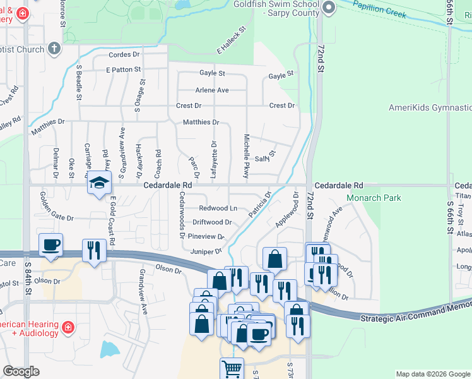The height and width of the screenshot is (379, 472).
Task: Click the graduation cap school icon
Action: pos(99,183)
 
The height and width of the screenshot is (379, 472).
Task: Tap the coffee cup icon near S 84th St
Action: pos(50,244)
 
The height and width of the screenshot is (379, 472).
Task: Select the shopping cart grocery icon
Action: pos(232,368)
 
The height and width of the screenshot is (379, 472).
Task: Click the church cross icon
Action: pos(55,49)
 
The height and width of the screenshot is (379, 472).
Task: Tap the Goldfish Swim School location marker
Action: pos(327,8)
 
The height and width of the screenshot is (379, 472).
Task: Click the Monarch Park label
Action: pos(374,198)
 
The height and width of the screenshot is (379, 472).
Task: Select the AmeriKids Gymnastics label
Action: pos(430,107)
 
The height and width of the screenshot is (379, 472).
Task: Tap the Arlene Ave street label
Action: pos(212,90)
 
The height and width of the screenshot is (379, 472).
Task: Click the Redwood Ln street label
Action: pos(218,208)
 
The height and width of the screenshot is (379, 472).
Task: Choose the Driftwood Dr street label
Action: pos(212,222)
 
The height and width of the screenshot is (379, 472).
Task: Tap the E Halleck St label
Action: pos(231,40)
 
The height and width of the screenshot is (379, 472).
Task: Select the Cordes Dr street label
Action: pos(124,55)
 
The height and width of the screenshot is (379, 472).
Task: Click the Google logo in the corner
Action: pos(21,371)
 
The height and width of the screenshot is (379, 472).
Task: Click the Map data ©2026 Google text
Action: pos(432,374)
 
